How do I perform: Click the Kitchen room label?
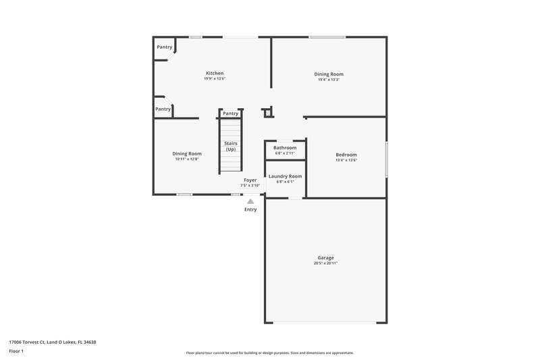[215, 73]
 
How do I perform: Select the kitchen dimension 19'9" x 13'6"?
[215, 79]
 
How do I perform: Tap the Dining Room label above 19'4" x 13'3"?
[329, 74]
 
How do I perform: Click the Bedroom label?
[346, 154]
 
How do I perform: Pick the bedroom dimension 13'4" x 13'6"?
[346, 160]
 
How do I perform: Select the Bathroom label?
[285, 147]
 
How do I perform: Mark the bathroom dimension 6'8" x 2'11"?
[285, 153]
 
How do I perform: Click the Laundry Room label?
[285, 176]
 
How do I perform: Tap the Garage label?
[325, 257]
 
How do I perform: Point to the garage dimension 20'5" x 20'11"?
[325, 263]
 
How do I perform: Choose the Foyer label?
[250, 180]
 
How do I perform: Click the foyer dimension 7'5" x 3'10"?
[250, 185]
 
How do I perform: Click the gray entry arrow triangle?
[250, 201]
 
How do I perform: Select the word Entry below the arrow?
[250, 209]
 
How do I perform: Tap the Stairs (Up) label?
[230, 146]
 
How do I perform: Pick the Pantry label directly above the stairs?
[231, 113]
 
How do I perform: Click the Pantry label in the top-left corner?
[164, 47]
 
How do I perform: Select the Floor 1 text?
[17, 351]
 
